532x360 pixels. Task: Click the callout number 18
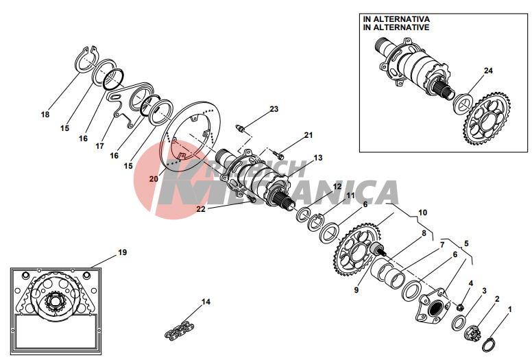click(x=45, y=115)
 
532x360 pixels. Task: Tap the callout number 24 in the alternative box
click(x=488, y=71)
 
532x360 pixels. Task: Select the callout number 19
click(x=122, y=252)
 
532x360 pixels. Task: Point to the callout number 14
click(x=206, y=302)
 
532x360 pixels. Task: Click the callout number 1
click(x=509, y=309)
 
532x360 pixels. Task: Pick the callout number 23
click(x=274, y=109)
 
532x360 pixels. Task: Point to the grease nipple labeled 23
click(x=239, y=129)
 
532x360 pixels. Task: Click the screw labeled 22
click(x=252, y=200)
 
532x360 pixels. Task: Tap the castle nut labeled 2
click(x=472, y=333)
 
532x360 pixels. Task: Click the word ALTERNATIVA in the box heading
click(x=402, y=19)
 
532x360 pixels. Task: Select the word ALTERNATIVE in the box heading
click(x=402, y=27)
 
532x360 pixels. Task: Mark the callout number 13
click(x=318, y=158)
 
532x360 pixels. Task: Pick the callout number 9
click(x=356, y=291)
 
